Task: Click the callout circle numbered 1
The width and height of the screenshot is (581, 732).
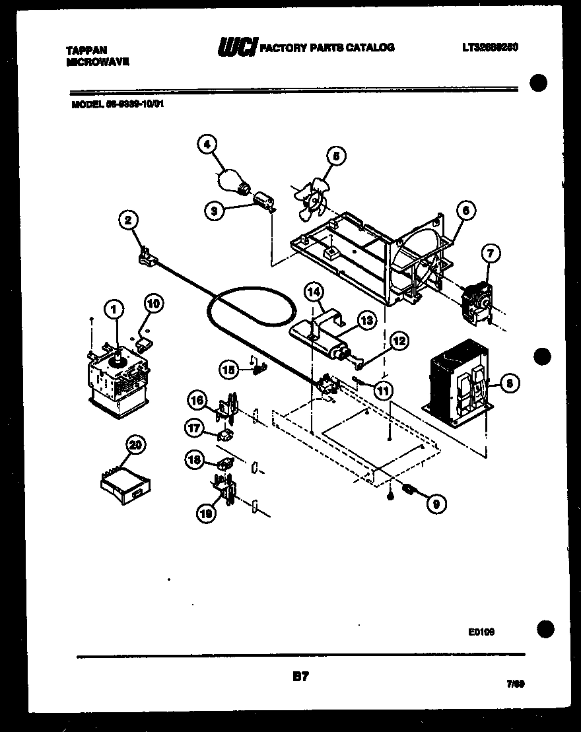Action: (114, 308)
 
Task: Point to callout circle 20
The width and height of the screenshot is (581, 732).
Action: (135, 446)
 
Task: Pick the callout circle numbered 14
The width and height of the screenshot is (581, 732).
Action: (314, 290)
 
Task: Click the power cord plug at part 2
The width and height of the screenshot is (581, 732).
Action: (147, 258)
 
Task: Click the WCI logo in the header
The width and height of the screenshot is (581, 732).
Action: (237, 48)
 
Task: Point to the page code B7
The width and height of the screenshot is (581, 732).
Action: (300, 676)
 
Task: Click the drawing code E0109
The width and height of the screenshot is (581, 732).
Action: (481, 632)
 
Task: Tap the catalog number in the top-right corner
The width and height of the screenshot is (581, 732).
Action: (489, 48)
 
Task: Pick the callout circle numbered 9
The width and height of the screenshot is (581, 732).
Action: (435, 504)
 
